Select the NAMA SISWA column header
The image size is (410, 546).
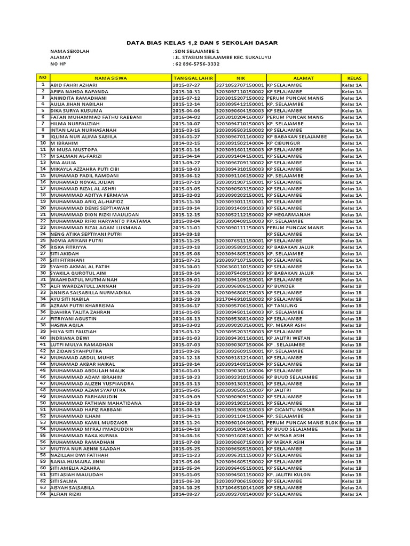(111, 78)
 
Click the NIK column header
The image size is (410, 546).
(240, 78)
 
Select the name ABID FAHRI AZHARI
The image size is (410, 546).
(74, 85)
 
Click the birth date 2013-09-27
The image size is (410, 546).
(186, 163)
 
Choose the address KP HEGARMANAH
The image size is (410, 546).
(289, 215)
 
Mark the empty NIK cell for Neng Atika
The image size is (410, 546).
(240, 234)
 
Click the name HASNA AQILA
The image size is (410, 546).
(67, 325)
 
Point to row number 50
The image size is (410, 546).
(42, 403)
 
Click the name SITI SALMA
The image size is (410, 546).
(65, 481)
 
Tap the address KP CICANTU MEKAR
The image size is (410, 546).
(291, 409)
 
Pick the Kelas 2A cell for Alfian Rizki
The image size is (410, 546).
(352, 494)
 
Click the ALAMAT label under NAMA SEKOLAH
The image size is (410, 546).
(60, 58)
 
